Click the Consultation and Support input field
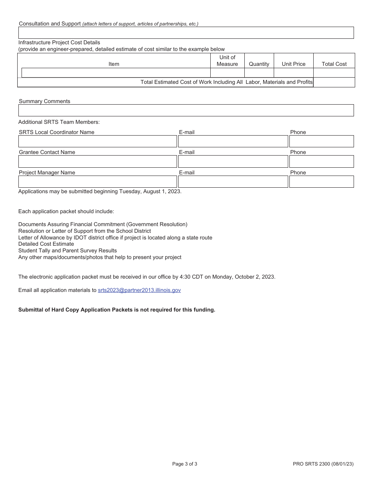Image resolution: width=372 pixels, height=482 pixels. tap(186, 33)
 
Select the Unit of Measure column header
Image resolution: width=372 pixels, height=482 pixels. tap(227, 61)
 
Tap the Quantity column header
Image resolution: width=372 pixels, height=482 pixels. tap(259, 64)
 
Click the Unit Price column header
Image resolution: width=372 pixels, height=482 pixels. tap(293, 64)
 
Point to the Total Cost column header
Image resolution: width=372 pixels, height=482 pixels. tap(334, 64)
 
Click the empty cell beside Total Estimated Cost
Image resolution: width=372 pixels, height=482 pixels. tap(334, 82)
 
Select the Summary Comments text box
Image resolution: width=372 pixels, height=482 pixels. tap(186, 110)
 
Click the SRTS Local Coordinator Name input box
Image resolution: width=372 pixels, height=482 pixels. tap(98, 141)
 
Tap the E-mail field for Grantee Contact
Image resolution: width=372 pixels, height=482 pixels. tap(233, 161)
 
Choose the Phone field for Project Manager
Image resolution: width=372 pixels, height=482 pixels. tap(321, 181)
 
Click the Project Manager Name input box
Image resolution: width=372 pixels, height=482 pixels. tap(98, 181)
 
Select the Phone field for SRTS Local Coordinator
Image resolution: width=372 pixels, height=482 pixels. tap(321, 141)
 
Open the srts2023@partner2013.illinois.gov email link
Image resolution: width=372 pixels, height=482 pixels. tap(139, 290)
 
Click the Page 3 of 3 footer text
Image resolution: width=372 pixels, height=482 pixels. tap(184, 464)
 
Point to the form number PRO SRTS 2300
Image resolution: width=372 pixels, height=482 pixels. tap(323, 464)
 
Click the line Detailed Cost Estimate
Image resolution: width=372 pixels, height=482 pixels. tap(46, 244)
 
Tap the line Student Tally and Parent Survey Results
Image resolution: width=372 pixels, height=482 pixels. tap(67, 250)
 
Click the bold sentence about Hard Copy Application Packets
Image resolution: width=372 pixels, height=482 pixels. tap(117, 310)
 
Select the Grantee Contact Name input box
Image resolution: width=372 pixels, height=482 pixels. tap(98, 161)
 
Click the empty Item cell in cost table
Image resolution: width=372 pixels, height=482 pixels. tap(116, 73)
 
